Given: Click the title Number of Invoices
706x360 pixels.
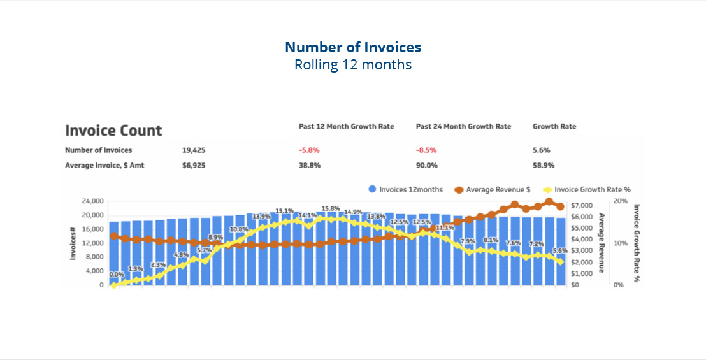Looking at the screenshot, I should pyautogui.click(x=352, y=47).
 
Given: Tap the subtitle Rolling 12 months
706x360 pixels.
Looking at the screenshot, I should pyautogui.click(x=352, y=64).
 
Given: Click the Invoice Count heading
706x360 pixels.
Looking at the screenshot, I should pyautogui.click(x=114, y=131).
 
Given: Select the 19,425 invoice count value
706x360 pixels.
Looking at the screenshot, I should pyautogui.click(x=194, y=150).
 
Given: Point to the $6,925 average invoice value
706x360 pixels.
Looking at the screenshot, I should pyautogui.click(x=194, y=165).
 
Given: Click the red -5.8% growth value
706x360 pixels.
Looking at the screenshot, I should pyautogui.click(x=309, y=150).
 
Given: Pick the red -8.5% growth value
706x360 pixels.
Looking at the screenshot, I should pyautogui.click(x=426, y=150).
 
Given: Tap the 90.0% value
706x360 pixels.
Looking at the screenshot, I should pyautogui.click(x=426, y=165).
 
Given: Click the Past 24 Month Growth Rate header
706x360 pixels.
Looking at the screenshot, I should pyautogui.click(x=463, y=126).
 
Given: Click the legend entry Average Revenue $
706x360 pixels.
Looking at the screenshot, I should pyautogui.click(x=494, y=189).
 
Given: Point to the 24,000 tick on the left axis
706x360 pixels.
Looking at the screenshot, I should pyautogui.click(x=93, y=201).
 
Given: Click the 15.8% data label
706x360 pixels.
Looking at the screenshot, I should pyautogui.click(x=331, y=208).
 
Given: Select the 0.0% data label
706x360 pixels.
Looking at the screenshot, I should pyautogui.click(x=117, y=275).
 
